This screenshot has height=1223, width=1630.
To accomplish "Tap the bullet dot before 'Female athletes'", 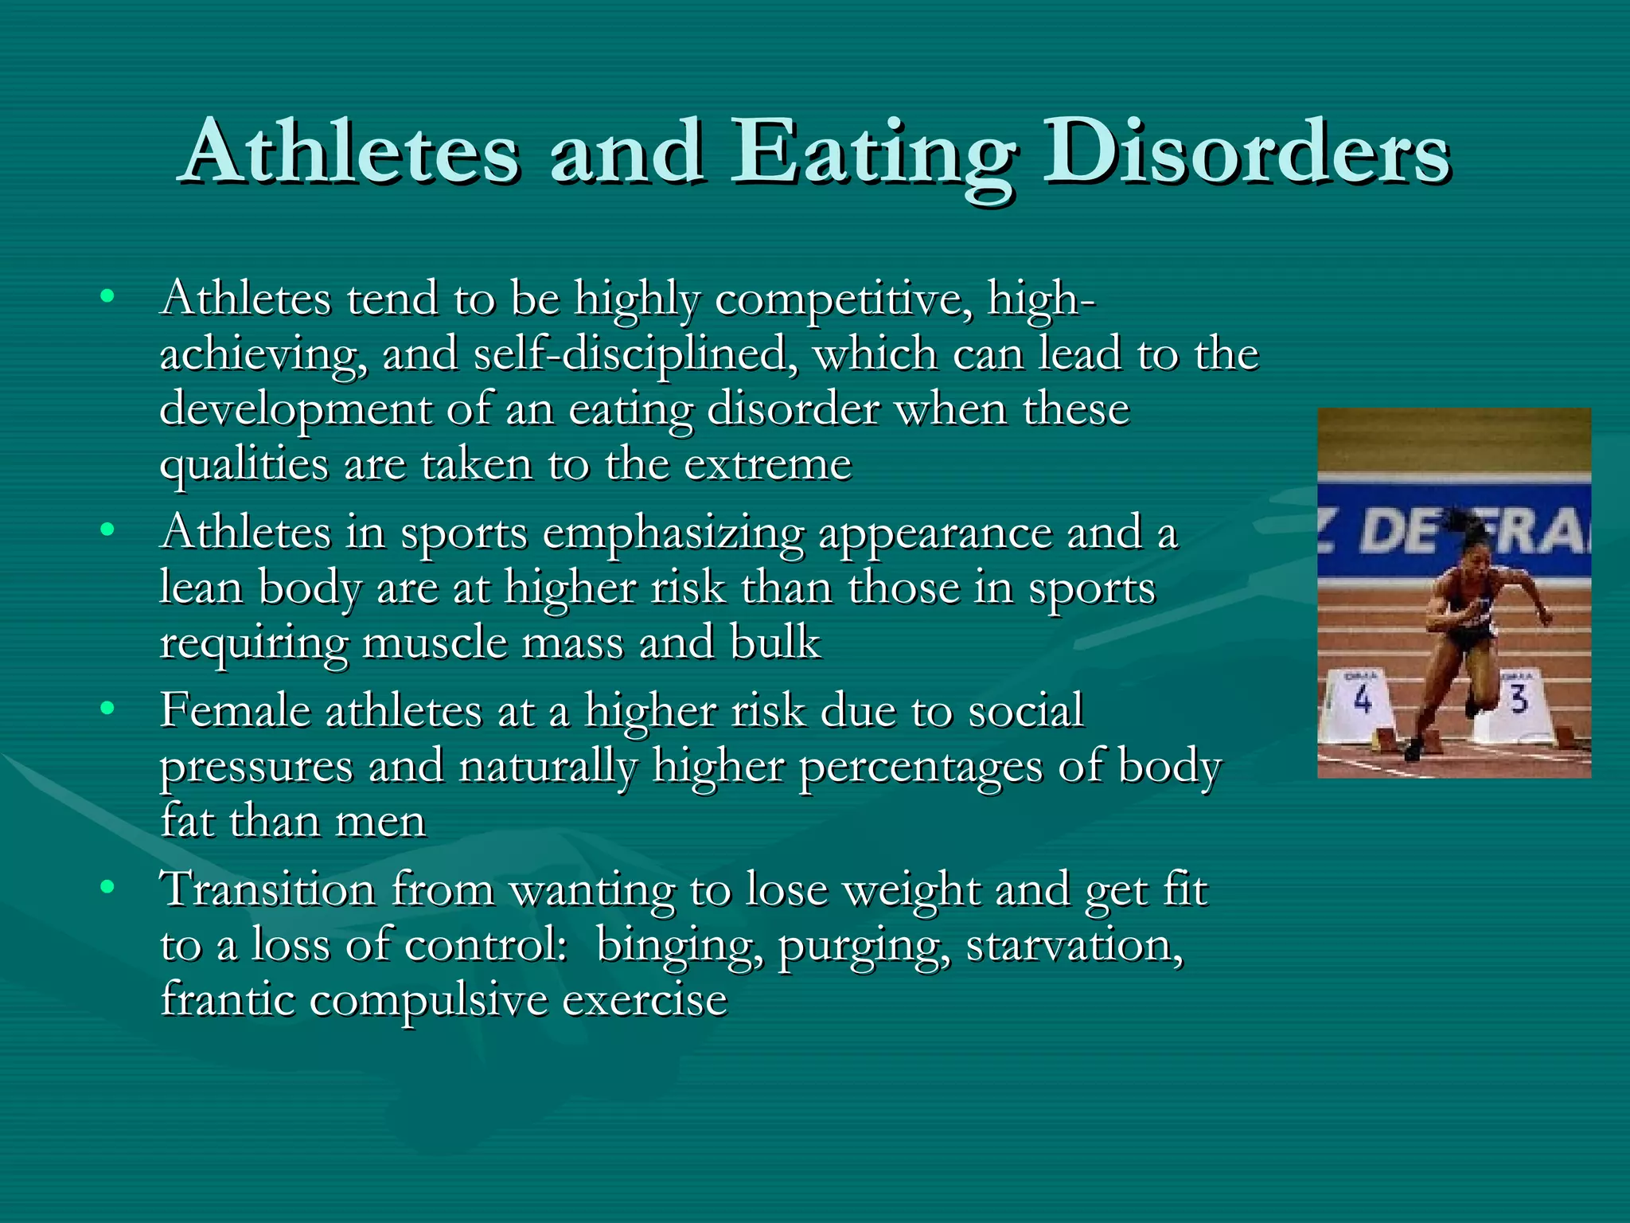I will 107,707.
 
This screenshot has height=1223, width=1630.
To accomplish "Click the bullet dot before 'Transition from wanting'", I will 107,885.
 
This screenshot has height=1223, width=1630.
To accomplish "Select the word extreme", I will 768,465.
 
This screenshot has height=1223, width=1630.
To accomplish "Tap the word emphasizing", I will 673,534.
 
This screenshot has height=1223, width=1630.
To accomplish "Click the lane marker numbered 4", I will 1362,701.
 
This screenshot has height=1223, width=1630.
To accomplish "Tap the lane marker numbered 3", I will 1519,699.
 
